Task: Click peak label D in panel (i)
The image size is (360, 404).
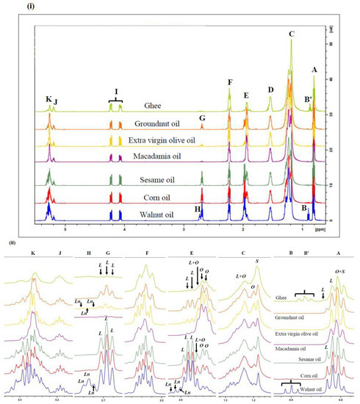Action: pyautogui.click(x=270, y=90)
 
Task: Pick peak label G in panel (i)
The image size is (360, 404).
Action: pyautogui.click(x=202, y=118)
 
